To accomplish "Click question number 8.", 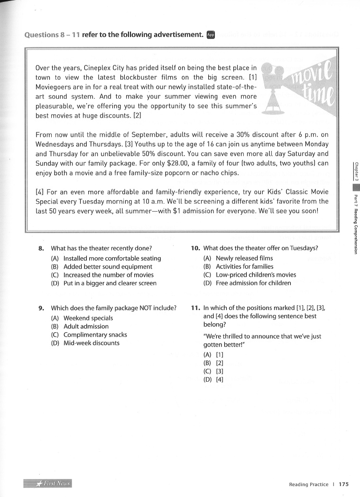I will [41, 248].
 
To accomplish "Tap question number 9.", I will [41, 308].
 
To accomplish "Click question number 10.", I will [195, 248].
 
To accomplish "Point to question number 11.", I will [195, 308].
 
